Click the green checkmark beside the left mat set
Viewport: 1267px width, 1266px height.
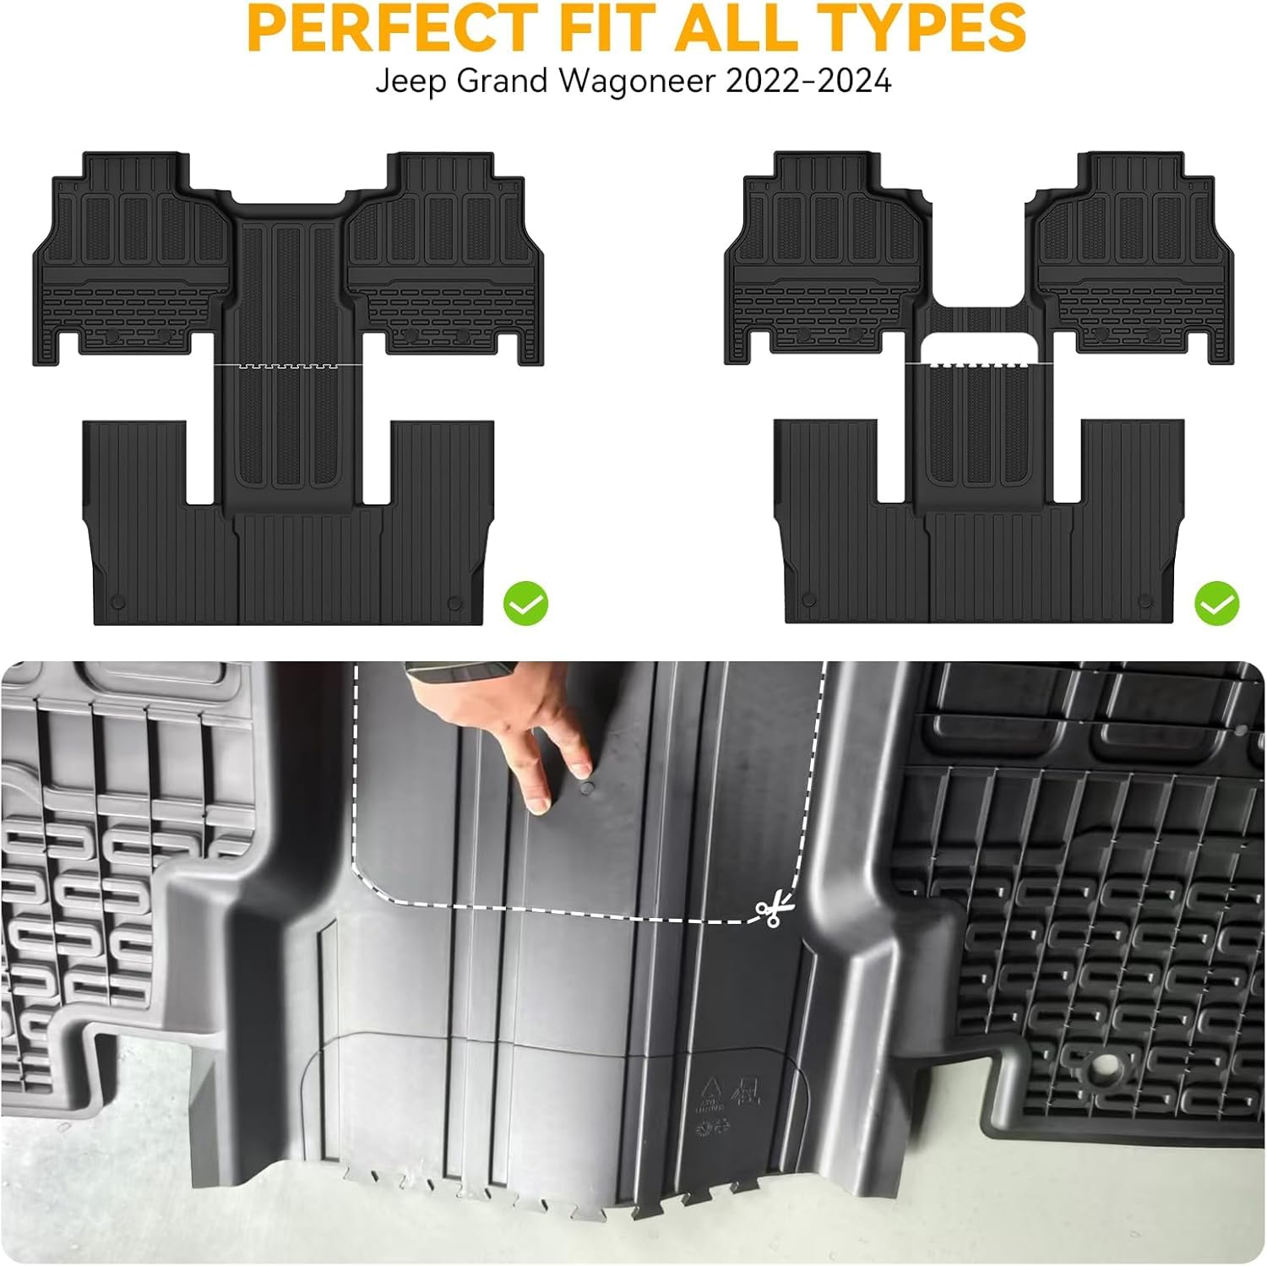pyautogui.click(x=525, y=603)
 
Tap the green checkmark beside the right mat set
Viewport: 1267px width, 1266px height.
pyautogui.click(x=1216, y=603)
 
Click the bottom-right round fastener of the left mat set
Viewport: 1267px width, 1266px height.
pyautogui.click(x=454, y=602)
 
